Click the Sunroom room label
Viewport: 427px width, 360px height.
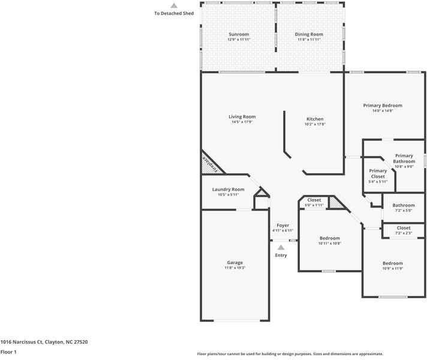coord(238,34)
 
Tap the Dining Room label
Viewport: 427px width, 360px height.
coord(309,34)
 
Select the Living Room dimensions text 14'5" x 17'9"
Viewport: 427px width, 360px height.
coord(242,122)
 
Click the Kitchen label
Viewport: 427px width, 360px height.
coord(315,119)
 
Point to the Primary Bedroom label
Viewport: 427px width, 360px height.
coord(383,105)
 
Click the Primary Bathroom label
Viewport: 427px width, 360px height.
coord(404,158)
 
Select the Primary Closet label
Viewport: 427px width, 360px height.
coord(378,173)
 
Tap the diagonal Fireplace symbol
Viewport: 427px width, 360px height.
coord(209,164)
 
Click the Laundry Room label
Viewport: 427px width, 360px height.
coord(228,190)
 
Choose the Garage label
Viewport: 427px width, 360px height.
coord(234,262)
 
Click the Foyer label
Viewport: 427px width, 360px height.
coord(282,225)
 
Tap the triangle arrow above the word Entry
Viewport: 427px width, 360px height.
coord(281,247)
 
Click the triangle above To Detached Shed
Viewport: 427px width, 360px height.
coord(174,5)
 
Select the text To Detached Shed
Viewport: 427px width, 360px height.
coord(174,13)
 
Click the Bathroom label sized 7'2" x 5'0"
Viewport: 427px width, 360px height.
coord(404,205)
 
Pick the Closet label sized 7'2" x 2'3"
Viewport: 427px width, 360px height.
coord(404,228)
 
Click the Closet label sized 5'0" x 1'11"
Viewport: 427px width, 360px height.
coord(314,200)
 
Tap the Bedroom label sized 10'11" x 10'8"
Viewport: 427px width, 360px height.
coord(329,238)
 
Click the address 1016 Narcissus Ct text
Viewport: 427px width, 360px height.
coord(44,341)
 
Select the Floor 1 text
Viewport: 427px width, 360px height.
coord(8,352)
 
